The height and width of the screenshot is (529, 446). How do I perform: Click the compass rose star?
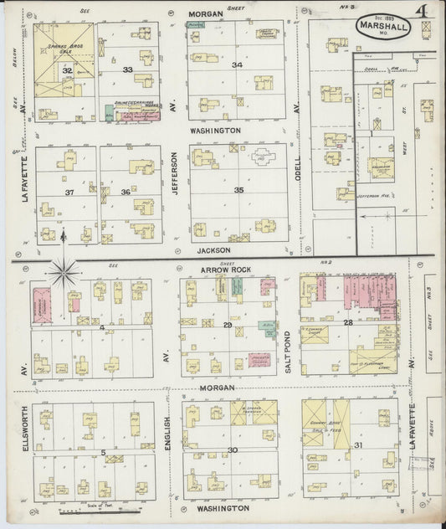coord(64,271)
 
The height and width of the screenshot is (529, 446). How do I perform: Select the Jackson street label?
coord(214,249)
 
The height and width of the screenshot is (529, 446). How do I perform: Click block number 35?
coord(238,190)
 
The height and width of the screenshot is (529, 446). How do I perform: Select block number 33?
coord(127,69)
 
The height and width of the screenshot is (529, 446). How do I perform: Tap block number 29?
coord(227,324)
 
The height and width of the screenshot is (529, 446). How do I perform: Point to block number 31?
coord(358,445)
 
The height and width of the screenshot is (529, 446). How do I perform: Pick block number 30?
coord(232,450)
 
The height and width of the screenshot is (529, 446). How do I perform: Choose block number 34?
coord(238,64)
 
